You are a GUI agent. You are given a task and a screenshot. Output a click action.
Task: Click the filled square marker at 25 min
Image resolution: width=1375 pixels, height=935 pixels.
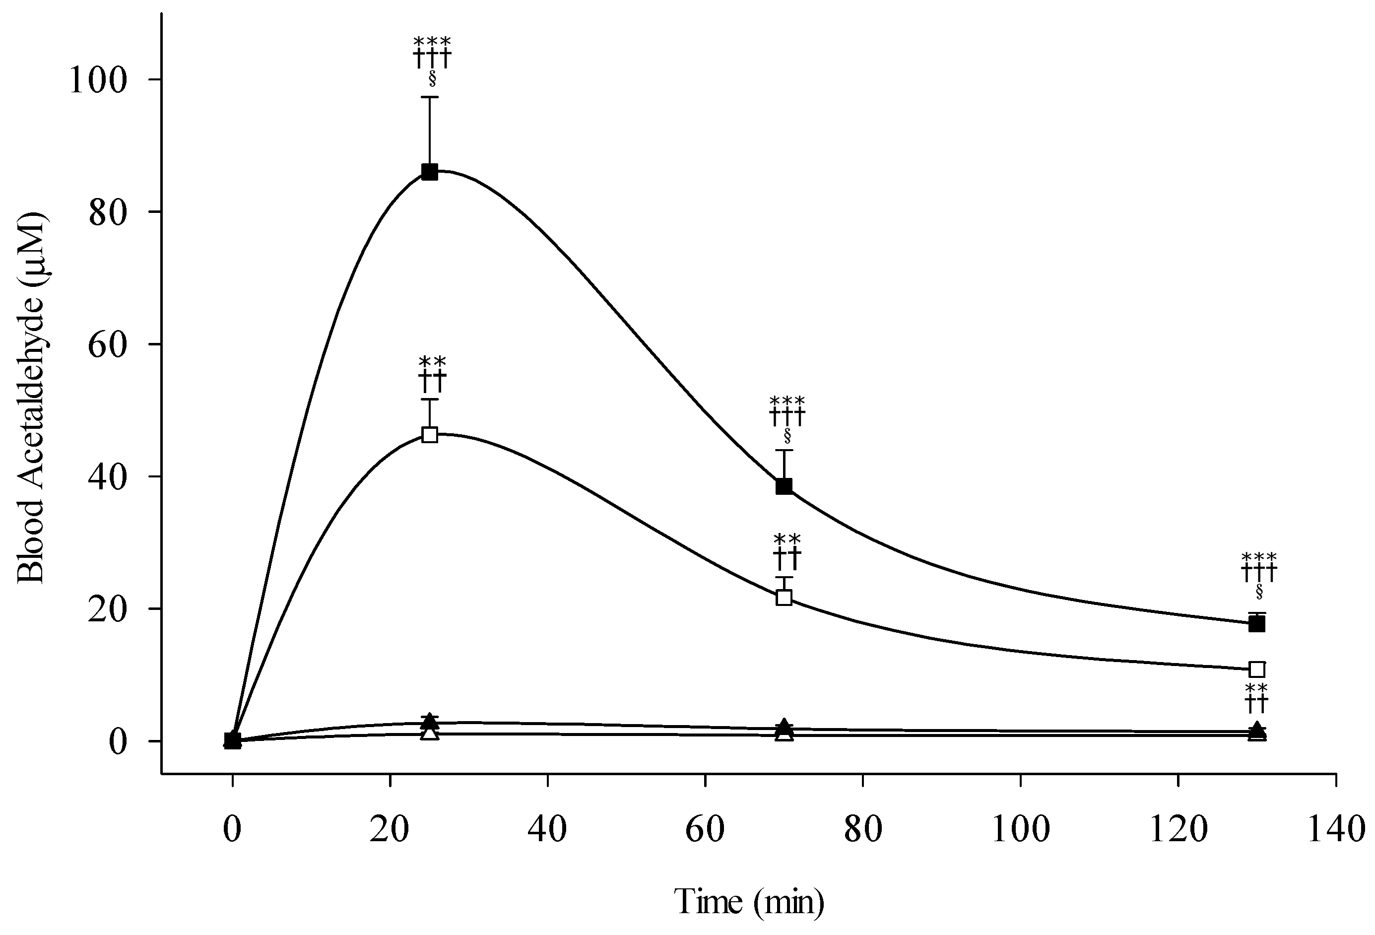(x=430, y=172)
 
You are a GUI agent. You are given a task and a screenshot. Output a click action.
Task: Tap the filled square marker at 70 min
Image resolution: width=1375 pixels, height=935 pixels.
(x=784, y=486)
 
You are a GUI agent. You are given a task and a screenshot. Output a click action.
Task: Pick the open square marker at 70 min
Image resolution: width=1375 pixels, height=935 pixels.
(x=784, y=597)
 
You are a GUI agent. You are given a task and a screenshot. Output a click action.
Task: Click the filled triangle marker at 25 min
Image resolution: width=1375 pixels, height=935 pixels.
(x=430, y=721)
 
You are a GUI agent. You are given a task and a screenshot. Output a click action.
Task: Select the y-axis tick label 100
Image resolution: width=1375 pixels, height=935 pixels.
(x=98, y=80)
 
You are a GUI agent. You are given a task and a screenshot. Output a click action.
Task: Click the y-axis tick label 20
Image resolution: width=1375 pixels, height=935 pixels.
(x=108, y=609)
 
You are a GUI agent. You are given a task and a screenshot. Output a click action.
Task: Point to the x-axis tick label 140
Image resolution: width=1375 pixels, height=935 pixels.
(x=1335, y=830)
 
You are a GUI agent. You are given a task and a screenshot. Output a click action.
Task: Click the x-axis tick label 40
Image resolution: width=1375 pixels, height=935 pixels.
(x=547, y=830)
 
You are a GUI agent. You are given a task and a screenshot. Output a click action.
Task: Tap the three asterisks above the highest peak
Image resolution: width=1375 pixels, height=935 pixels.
(x=432, y=43)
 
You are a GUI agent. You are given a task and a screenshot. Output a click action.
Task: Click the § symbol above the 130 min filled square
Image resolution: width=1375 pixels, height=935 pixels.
(x=1258, y=591)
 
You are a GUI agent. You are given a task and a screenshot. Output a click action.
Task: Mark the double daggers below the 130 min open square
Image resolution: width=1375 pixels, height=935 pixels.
(x=1256, y=704)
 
